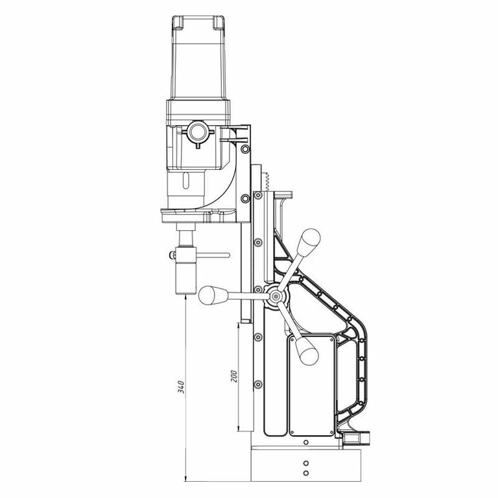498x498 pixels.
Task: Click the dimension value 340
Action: pyautogui.click(x=181, y=386)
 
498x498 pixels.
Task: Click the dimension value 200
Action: pyautogui.click(x=234, y=375)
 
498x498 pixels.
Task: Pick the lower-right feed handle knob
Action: pyautogui.click(x=307, y=351)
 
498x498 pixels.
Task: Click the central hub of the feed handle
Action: pyautogui.click(x=275, y=296)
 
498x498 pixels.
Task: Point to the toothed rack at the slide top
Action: pyautogui.click(x=266, y=182)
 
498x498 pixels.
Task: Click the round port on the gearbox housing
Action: pyautogui.click(x=198, y=132)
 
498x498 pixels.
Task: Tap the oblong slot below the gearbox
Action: pyautogui.click(x=186, y=181)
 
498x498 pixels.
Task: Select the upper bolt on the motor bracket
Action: pyautogui.click(x=245, y=148)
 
